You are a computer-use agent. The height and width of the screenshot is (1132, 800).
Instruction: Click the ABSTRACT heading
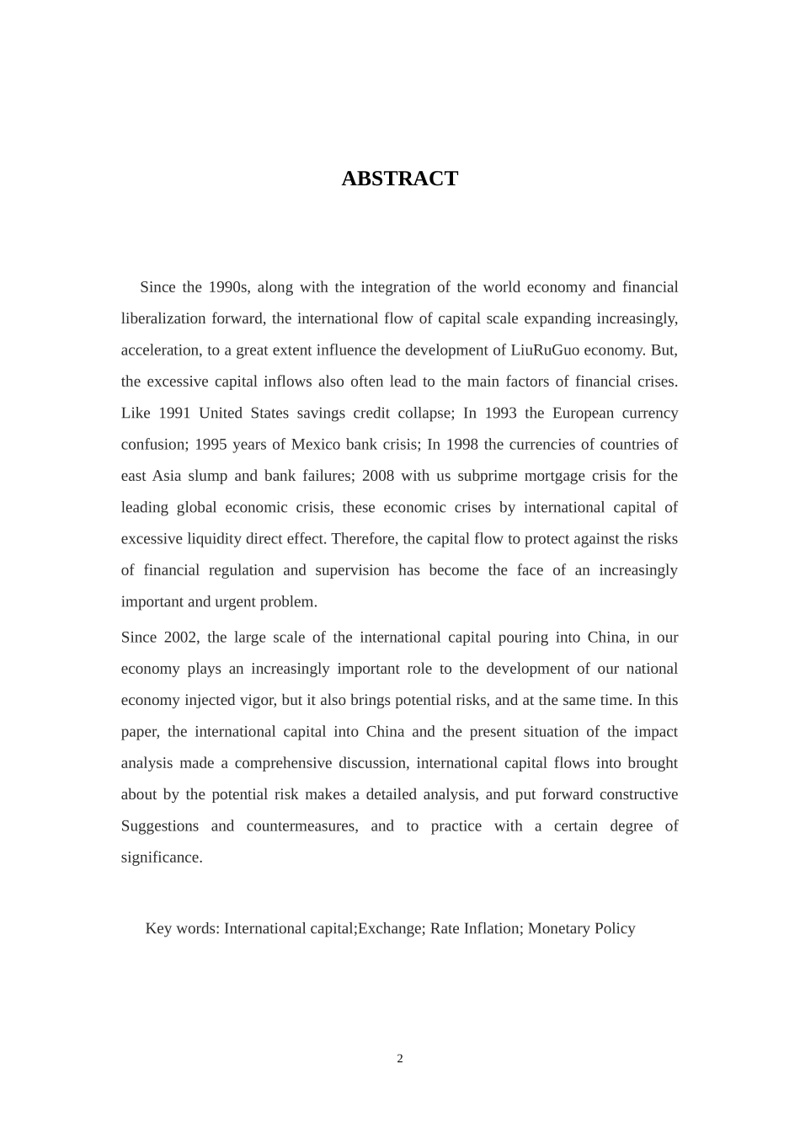click(399, 179)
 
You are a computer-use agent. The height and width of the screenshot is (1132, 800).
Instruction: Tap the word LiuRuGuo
click(545, 350)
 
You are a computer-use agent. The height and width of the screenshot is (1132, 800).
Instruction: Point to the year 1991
click(174, 413)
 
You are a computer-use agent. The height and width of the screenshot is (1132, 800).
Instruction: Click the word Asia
click(167, 476)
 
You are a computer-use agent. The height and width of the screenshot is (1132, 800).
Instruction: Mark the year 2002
click(180, 638)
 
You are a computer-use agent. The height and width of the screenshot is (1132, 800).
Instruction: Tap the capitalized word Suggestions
click(160, 826)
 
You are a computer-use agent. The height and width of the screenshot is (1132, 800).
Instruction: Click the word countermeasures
click(301, 826)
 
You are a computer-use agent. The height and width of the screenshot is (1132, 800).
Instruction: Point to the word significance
click(162, 857)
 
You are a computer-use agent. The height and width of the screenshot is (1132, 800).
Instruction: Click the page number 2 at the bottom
click(400, 1059)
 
